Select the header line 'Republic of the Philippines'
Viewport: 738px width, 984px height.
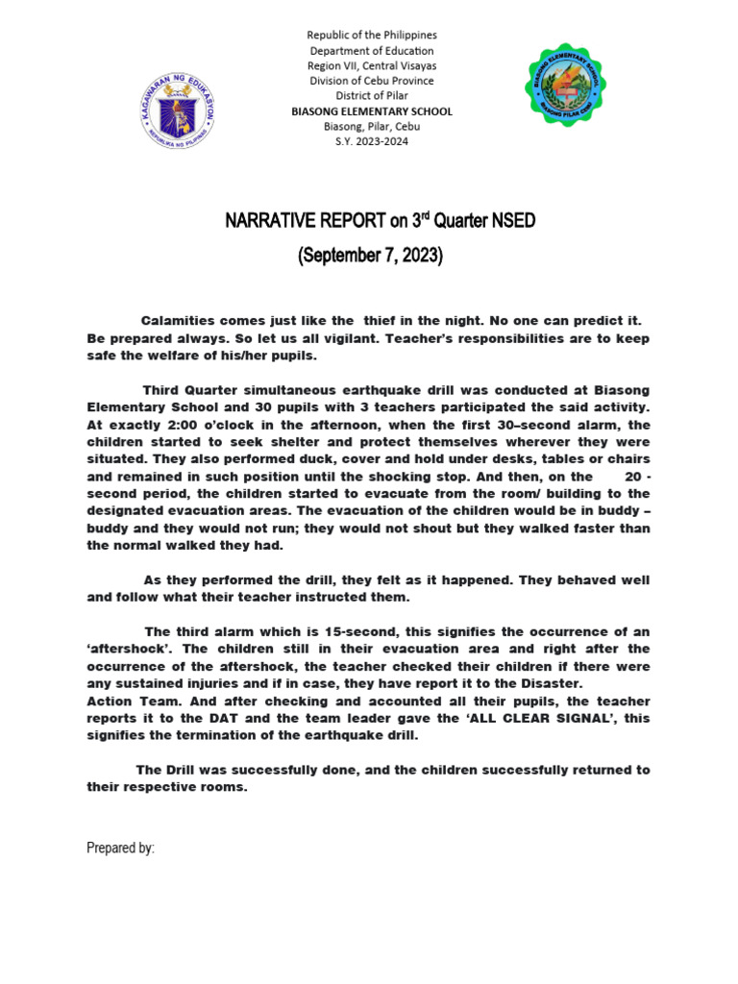(x=371, y=35)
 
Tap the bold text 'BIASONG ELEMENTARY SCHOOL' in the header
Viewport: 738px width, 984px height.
(x=371, y=111)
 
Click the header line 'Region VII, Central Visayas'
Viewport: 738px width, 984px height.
(x=371, y=65)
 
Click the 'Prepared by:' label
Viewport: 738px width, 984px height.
(x=120, y=849)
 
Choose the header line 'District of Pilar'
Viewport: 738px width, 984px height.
(x=371, y=96)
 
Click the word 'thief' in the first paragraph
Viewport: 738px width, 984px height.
(x=379, y=320)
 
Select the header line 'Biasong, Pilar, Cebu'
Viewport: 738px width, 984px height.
(x=371, y=127)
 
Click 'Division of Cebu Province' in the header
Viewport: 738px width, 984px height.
(x=371, y=81)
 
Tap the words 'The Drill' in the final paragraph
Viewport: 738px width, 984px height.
(x=167, y=770)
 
